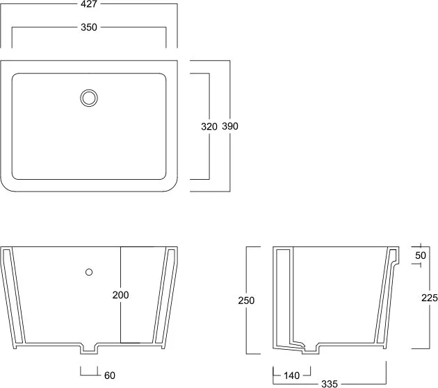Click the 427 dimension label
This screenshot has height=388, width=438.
(88, 4)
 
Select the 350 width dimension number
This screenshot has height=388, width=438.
(89, 27)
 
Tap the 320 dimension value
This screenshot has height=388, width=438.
(209, 126)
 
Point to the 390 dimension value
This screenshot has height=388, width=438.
(230, 126)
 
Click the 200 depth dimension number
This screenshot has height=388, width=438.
(120, 295)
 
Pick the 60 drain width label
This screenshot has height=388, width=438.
(110, 376)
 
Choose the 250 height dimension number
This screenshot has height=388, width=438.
(246, 301)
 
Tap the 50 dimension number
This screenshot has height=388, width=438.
(421, 255)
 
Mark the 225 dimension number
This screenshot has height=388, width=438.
(430, 298)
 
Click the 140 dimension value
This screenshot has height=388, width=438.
(291, 376)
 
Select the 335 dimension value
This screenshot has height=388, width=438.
(330, 384)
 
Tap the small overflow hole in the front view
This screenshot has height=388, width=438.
(89, 272)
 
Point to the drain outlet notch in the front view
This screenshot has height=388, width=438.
(89, 354)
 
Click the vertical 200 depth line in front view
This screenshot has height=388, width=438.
(121, 295)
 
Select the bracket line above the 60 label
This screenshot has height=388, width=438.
(89, 375)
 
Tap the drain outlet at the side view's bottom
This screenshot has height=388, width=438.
(310, 353)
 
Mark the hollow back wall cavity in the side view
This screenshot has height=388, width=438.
(283, 296)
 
